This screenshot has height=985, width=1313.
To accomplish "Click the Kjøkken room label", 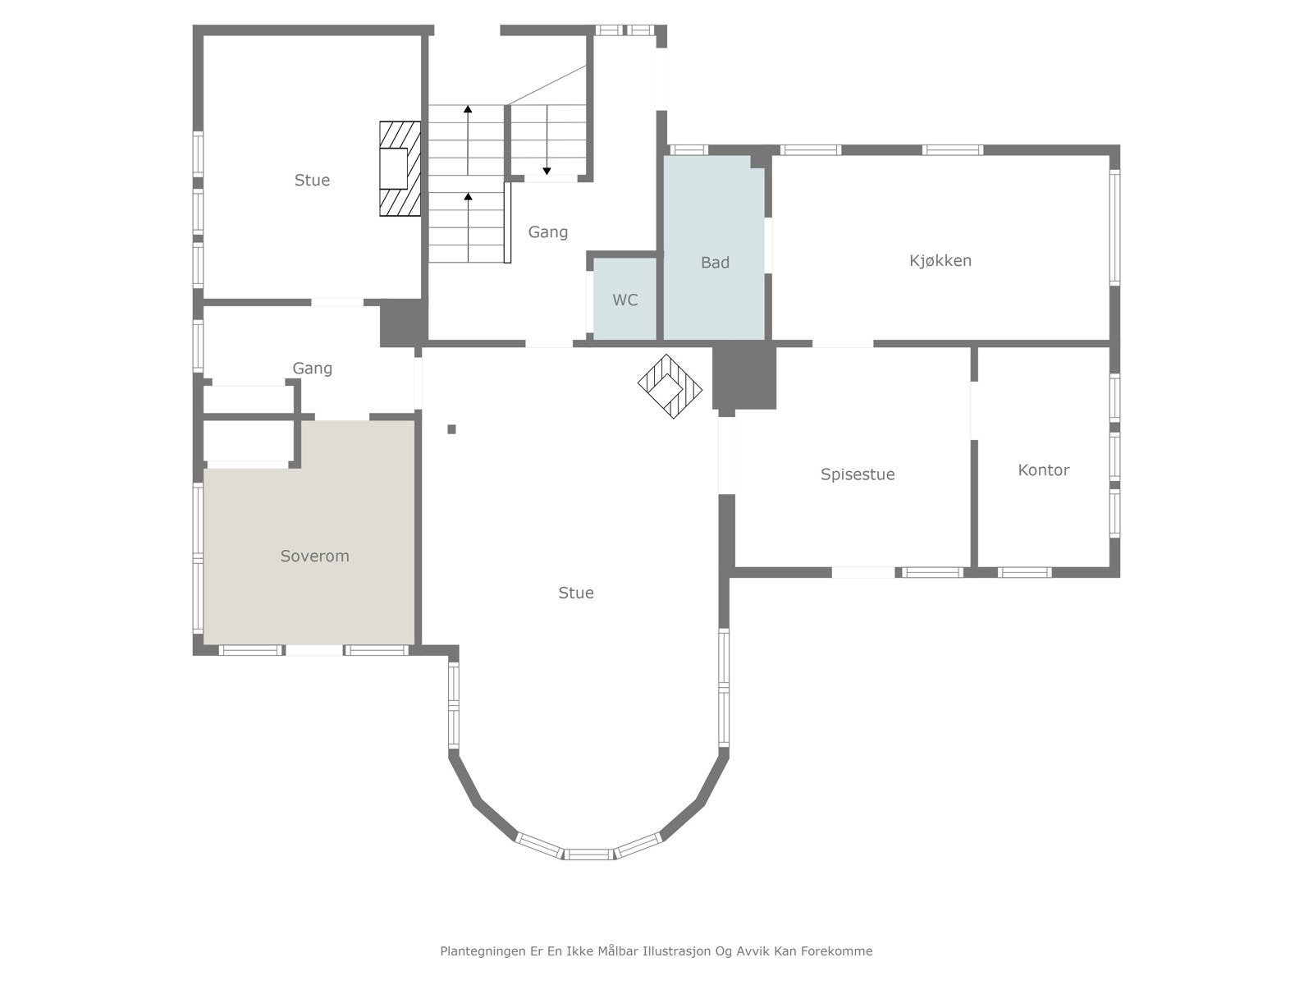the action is point(940,261).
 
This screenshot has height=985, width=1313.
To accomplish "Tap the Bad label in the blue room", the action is point(715,263).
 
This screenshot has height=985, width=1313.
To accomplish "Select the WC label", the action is point(625,300).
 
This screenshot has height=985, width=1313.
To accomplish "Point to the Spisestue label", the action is point(858,474).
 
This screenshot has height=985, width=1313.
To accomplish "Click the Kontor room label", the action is point(1043,470).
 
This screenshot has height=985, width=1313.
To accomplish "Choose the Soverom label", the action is point(314,557).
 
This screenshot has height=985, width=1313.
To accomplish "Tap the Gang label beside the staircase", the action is point(548,232).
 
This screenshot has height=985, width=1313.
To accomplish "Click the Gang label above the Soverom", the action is point(313,369).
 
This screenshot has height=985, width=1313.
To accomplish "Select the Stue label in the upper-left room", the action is point(312,180).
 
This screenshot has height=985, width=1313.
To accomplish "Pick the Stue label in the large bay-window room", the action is point(576,593).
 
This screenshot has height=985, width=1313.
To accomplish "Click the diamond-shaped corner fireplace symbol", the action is point(670,387).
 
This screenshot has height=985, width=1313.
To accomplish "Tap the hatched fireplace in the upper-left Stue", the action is point(400,168).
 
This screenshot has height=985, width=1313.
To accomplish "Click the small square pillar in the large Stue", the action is point(451,429).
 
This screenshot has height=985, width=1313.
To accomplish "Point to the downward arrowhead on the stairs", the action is point(547,172).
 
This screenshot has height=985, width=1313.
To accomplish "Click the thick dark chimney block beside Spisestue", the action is point(744,378).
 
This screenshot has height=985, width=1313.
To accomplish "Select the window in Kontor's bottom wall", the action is point(1024,573).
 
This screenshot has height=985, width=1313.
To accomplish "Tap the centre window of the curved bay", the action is point(588,854).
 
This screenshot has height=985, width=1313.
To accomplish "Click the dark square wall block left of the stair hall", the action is point(403,323).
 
